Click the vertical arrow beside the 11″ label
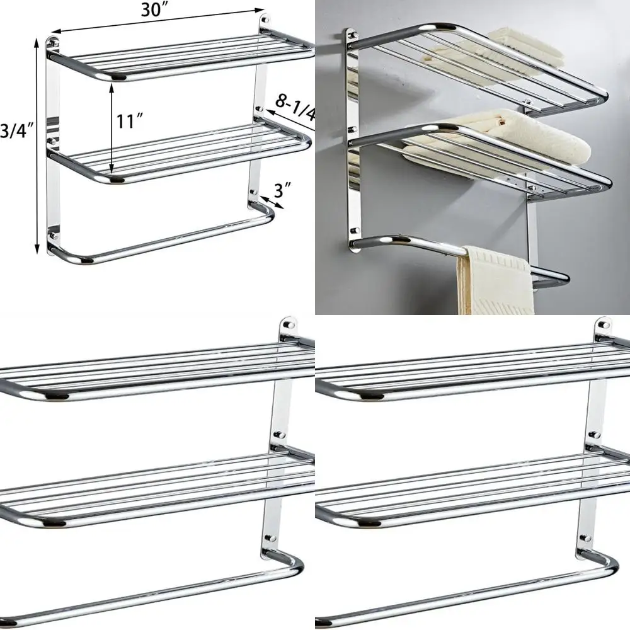click(x=112, y=129)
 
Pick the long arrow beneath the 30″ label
click(x=157, y=20)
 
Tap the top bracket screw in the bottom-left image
click(x=289, y=326)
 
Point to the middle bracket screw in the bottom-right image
click(x=593, y=434)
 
